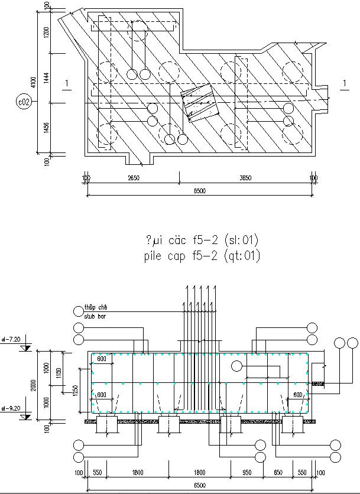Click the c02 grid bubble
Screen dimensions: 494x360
pos(24,102)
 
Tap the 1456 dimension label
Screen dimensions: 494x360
pos(46,128)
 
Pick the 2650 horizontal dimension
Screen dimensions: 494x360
pos(133,178)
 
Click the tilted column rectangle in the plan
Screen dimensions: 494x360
pos(199,104)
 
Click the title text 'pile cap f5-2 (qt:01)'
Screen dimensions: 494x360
pos(201,256)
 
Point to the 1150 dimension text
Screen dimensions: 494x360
pos(59,373)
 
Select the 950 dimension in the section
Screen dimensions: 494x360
pos(247,473)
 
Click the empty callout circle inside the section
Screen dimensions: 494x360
pos(236,366)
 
